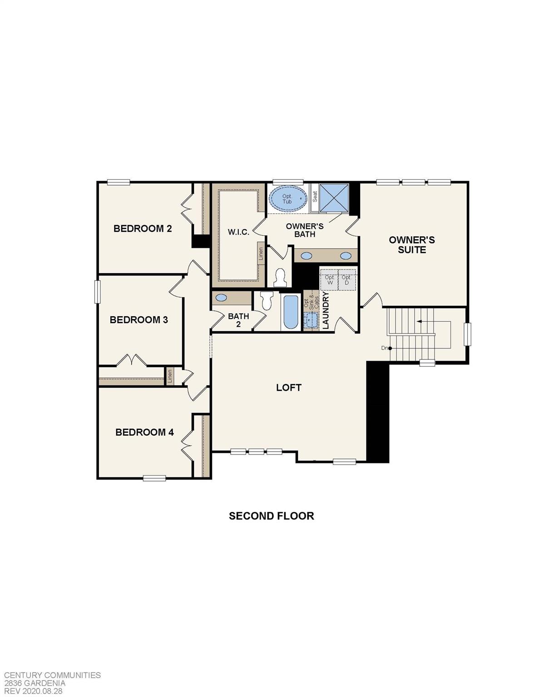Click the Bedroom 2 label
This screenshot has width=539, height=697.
143,228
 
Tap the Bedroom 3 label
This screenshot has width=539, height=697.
138,319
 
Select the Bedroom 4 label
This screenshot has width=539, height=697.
144,432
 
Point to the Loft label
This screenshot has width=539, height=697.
289,388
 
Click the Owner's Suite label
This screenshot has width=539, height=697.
412,245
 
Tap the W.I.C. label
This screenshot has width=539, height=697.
238,232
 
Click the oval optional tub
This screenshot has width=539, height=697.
287,199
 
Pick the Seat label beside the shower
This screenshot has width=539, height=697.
315,196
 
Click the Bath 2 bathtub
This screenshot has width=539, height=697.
291,312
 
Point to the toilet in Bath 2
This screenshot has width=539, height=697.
266,300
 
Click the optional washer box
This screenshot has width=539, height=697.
330,280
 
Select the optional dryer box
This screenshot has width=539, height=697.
346,280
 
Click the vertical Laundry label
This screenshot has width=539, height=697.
325,310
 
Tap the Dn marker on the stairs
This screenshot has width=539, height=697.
386,348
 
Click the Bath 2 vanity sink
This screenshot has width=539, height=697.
222,298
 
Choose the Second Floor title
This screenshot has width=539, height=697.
271,516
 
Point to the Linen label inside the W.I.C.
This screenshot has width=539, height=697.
261,255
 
